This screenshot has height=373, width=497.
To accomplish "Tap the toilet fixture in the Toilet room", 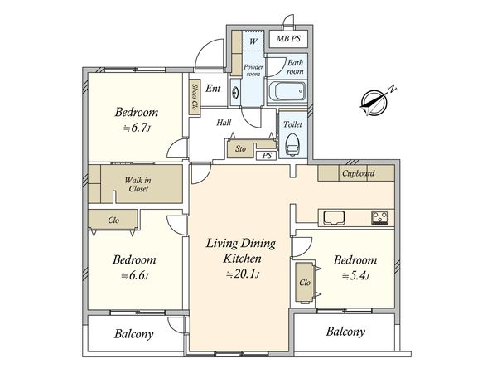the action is coord(292,144).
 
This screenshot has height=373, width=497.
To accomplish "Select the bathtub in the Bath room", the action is coord(287,92).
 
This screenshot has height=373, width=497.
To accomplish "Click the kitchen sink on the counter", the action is coord(334,217).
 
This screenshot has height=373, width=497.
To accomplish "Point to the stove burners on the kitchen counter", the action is coord(379,218).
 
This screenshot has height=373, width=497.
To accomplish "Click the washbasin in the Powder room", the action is coord(235,93).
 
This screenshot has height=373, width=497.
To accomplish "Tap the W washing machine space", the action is coord(253,41).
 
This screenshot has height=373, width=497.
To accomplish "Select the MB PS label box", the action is coord(288,39).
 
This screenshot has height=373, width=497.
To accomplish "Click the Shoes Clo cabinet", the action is coord(195,97).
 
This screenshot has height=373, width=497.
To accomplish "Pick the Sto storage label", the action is coord(240,148).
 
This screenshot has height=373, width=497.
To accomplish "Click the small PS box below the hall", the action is coord(267,156).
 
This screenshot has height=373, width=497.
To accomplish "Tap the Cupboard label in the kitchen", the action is coord(358,173).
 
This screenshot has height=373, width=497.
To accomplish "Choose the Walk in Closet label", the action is coord(138,184).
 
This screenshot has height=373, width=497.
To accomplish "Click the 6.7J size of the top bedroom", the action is coord(137,128).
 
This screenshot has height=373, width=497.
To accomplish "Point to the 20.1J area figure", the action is coord(243,274).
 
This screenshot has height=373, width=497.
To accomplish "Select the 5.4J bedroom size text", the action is coord(355,276).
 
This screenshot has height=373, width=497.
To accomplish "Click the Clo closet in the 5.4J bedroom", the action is coord(305,282).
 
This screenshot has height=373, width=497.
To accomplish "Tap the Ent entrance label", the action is coord(213,88).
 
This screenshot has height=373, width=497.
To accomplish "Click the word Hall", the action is coord(224,123).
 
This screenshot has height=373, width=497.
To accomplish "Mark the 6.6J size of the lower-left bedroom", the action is coord(135,275).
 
